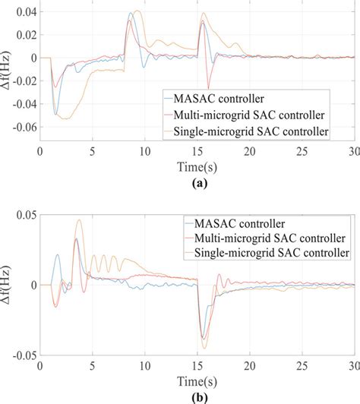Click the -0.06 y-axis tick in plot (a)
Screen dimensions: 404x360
[22, 125]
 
